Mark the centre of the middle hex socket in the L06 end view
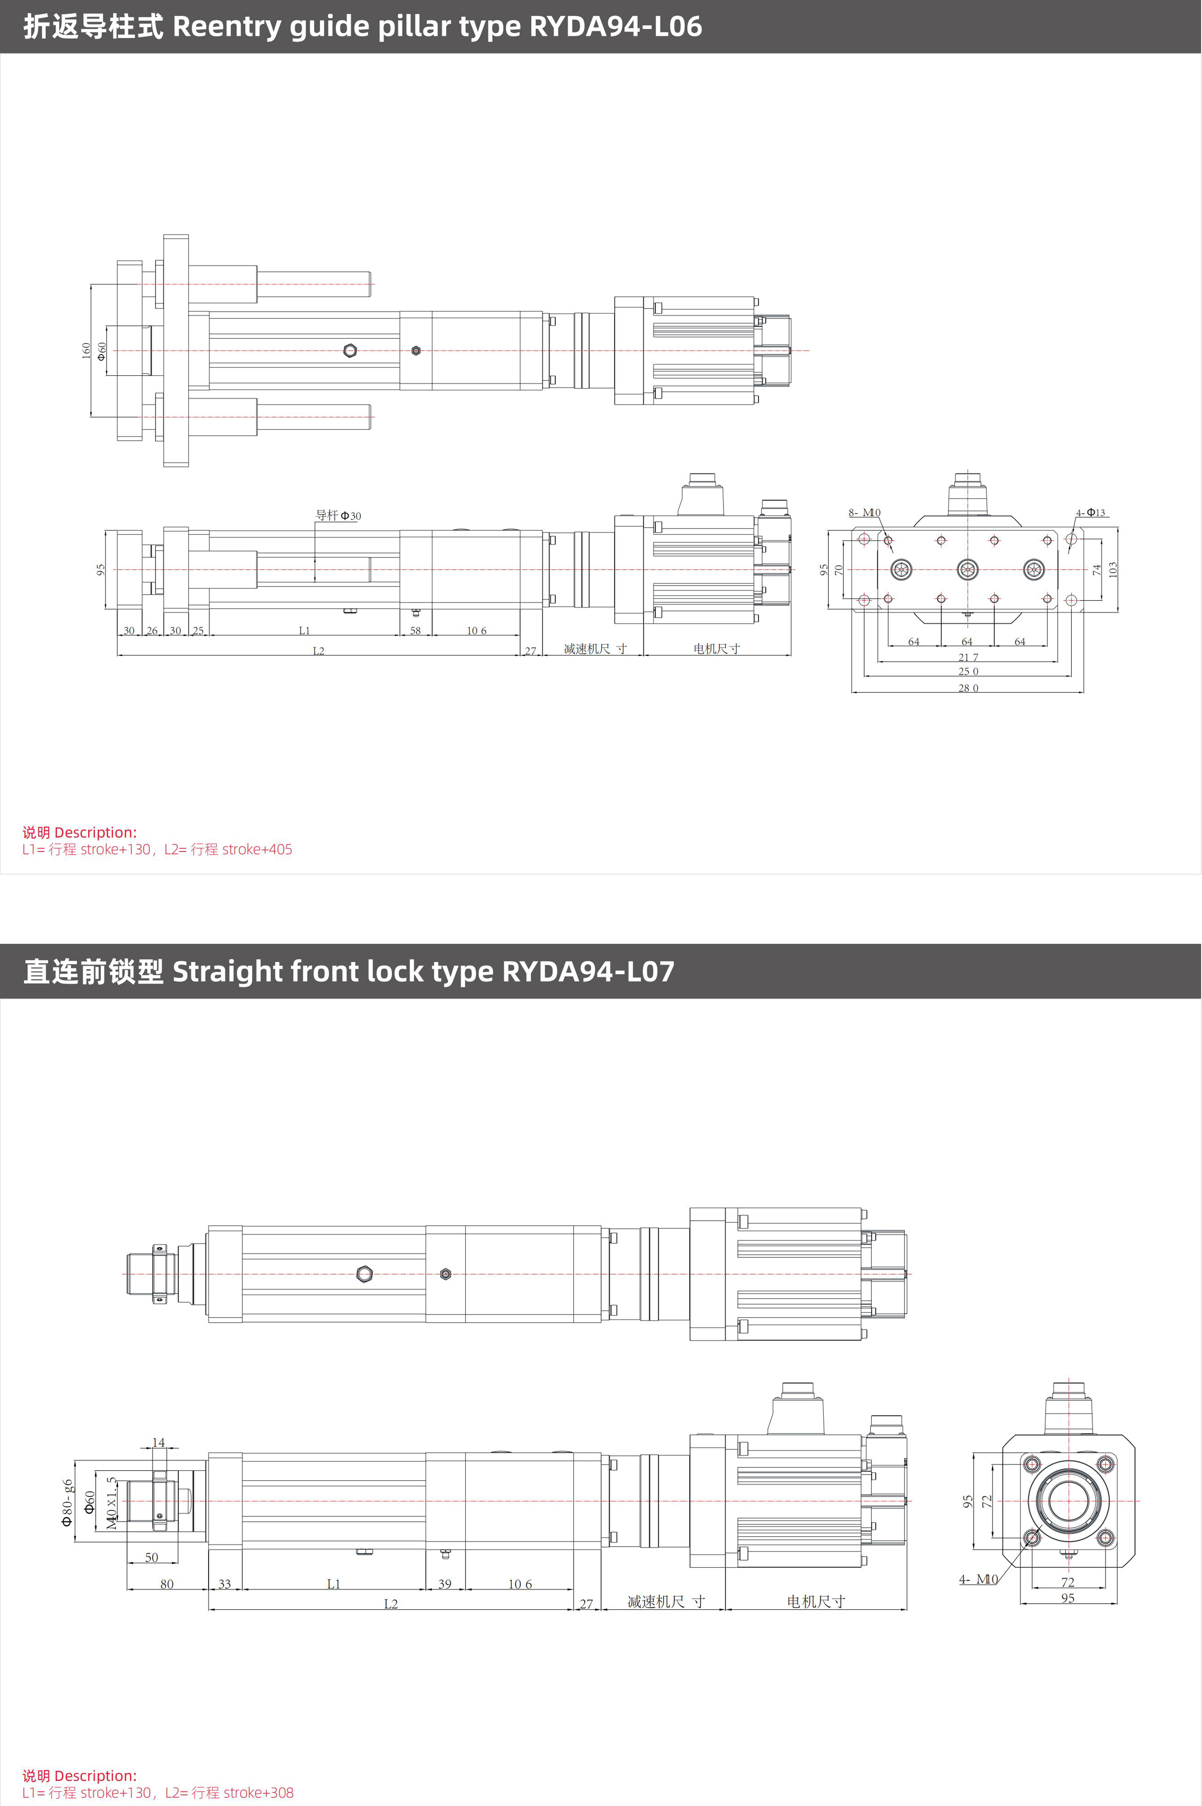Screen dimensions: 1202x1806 pos(968,569)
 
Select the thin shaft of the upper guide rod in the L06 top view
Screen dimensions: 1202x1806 pos(314,284)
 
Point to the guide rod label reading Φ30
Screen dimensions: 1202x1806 pos(338,515)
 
